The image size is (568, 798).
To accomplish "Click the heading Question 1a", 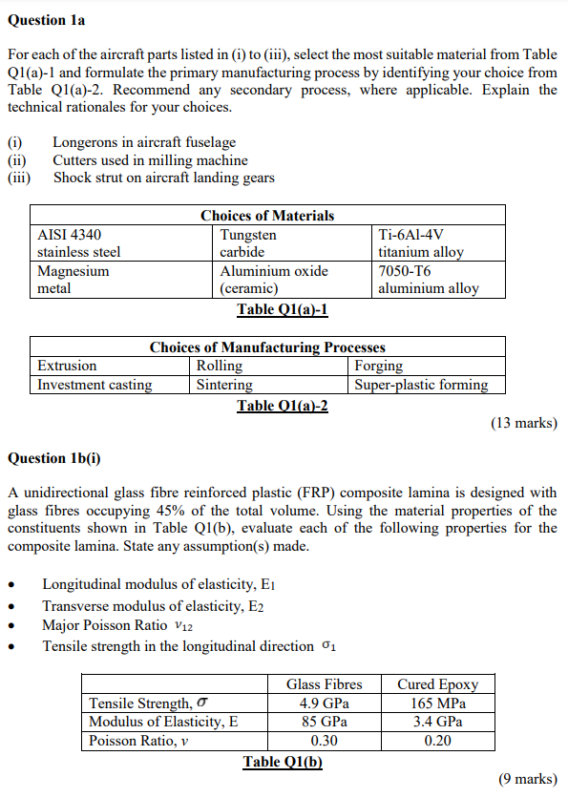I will point(45,20).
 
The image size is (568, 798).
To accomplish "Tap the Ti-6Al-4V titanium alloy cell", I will point(420,243).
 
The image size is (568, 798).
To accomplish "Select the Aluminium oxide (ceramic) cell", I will point(274,280).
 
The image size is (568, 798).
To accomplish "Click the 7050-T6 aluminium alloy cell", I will point(429,280).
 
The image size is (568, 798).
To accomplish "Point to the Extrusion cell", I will point(67,366).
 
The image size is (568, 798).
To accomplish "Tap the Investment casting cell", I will point(95,385).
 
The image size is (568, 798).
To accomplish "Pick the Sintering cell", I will point(224,385).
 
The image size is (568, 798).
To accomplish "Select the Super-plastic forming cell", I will point(421,385).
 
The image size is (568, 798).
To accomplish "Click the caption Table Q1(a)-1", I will point(283,310).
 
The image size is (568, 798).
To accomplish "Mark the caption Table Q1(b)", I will point(283,761).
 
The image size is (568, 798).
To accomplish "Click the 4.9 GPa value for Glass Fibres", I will point(324,703).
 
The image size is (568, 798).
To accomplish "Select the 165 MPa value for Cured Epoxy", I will point(437,703).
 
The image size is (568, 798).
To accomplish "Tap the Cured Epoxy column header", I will point(437,684).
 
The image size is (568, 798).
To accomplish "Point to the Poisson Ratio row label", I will point(134,741).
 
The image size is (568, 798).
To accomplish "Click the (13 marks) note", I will point(524,423).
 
